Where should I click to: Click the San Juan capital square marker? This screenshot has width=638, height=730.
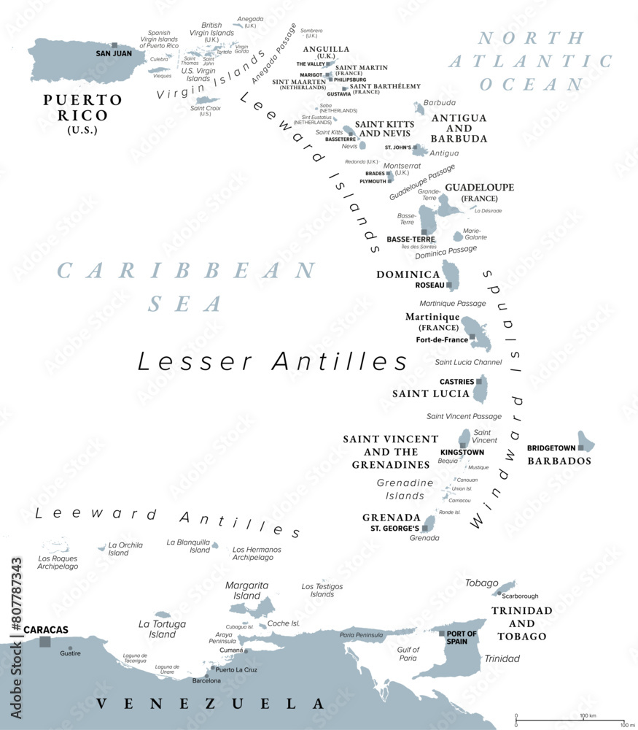click(114, 45)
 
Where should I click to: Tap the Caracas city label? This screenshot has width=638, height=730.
click(46, 629)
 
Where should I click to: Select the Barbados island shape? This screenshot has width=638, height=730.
click(588, 443)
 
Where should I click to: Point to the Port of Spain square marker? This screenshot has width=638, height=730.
click(442, 634)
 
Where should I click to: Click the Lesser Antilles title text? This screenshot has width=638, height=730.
click(273, 361)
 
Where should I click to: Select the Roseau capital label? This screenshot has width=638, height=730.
click(430, 285)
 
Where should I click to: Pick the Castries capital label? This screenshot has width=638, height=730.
click(456, 382)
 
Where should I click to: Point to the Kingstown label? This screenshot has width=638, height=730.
click(462, 453)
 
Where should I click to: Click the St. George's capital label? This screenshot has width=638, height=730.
click(394, 528)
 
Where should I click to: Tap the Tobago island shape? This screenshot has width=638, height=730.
click(505, 586)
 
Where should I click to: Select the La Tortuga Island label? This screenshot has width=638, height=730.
click(162, 629)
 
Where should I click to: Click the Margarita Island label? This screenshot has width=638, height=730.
click(246, 591)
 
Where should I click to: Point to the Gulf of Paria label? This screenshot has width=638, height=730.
click(408, 653)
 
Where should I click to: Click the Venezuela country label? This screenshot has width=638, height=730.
click(210, 704)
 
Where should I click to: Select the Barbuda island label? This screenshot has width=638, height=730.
click(439, 103)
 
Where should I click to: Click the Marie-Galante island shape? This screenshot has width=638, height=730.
click(458, 236)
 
